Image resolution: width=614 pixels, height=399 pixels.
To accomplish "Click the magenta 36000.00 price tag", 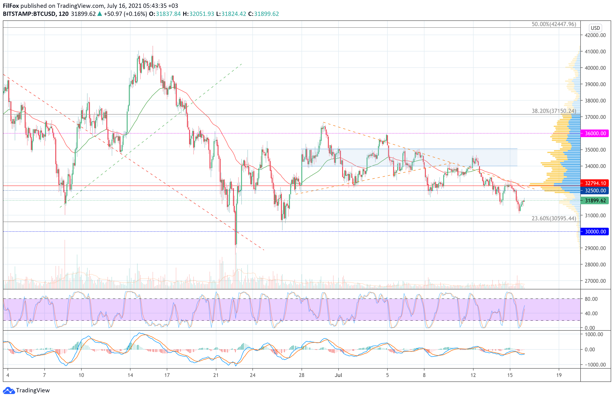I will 595,133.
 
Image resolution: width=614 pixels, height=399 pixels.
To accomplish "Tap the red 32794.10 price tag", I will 595,183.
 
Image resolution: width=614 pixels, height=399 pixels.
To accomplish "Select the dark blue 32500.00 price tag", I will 595,190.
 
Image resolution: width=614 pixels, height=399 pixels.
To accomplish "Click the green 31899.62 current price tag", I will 595,200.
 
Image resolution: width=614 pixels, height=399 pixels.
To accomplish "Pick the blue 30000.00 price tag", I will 595,231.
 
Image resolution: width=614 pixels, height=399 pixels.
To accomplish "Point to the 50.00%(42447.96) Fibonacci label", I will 554,24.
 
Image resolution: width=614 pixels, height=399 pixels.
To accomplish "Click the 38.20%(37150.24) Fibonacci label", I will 554,111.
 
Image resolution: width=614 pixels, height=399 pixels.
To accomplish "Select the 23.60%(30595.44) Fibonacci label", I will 554,218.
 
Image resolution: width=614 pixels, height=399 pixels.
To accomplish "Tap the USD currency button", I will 595,28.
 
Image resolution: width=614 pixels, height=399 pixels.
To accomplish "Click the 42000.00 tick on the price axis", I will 595,35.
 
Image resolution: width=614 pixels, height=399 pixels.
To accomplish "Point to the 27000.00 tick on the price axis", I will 595,281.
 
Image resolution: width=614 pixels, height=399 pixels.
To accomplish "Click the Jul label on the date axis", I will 338,375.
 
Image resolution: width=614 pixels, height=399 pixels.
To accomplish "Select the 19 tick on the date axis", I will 559,375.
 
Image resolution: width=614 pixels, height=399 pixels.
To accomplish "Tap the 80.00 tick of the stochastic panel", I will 591,299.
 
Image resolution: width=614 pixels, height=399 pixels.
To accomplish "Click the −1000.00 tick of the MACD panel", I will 593,364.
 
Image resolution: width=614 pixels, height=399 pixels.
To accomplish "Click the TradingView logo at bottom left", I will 27,390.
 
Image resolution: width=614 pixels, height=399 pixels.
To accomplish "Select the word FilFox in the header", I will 11,6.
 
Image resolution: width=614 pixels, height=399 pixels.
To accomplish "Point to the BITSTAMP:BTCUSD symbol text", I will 29,14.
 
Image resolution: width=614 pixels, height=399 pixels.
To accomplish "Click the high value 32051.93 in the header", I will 201,14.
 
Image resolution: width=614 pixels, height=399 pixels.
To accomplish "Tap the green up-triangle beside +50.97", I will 100,14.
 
